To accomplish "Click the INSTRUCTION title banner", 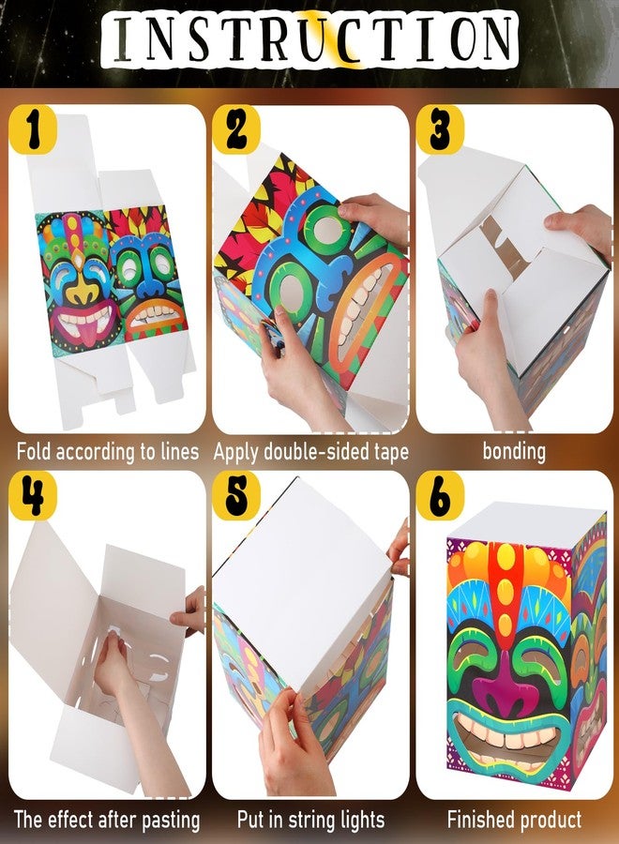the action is click(x=309, y=38).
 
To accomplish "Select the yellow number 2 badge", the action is click(x=236, y=129).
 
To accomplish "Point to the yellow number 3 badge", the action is click(x=440, y=129).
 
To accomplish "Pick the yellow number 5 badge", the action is click(x=236, y=495).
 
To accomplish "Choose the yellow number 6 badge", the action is click(x=440, y=495).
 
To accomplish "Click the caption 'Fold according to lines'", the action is click(x=108, y=451).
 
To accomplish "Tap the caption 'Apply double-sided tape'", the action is click(x=311, y=452).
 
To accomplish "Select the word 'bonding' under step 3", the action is click(x=514, y=451).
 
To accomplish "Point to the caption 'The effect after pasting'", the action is click(x=107, y=820).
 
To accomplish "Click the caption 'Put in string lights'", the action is click(x=311, y=820).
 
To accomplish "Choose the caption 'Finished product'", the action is click(x=515, y=820).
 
